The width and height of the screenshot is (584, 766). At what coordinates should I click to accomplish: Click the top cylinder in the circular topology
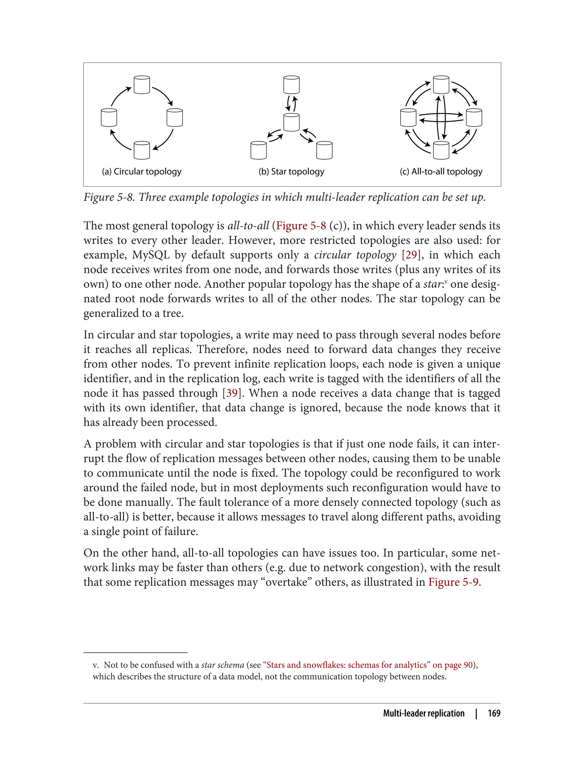[x=141, y=85]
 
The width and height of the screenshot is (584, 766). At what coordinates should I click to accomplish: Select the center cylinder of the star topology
[x=291, y=122]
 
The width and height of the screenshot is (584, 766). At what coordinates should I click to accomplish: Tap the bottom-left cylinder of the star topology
[x=258, y=150]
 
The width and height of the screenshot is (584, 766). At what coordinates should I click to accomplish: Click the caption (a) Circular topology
[x=141, y=172]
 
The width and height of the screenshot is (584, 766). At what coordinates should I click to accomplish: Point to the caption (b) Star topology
[x=291, y=172]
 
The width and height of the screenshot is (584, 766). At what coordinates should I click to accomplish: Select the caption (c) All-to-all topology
[x=441, y=172]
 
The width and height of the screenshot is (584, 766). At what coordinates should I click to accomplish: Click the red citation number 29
[x=411, y=255]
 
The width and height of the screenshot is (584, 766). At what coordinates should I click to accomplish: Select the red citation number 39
[x=232, y=393]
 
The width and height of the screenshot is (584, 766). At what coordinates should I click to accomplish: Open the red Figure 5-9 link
[x=453, y=582]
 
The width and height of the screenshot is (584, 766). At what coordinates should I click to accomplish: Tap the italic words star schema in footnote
[x=222, y=665]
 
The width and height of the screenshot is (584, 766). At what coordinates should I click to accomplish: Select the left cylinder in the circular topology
[x=109, y=117]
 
